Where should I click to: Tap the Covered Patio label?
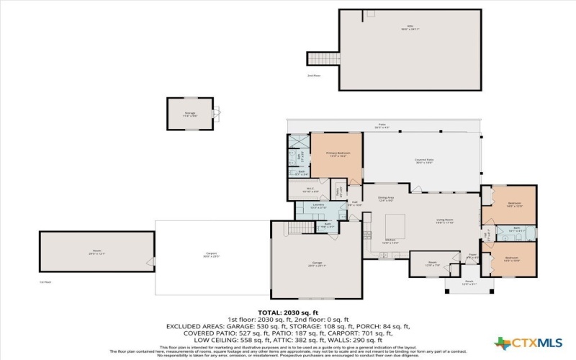[423, 161]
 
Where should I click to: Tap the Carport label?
[212, 253]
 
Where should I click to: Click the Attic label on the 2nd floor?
[410, 29]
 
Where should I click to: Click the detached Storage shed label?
[189, 112]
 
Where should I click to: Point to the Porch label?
[469, 282]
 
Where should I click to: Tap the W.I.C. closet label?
[310, 190]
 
